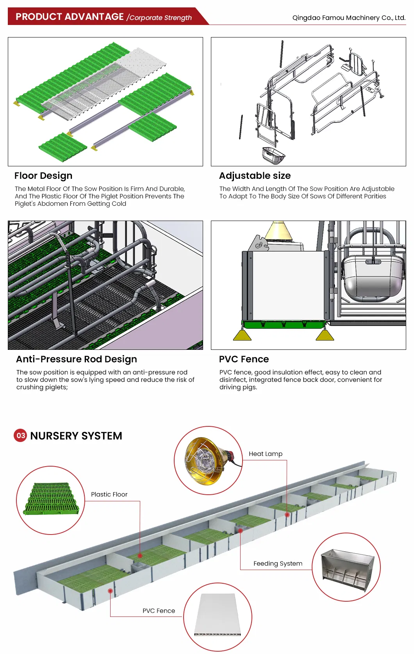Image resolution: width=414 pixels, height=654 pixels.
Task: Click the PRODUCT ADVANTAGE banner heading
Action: pos(70,17)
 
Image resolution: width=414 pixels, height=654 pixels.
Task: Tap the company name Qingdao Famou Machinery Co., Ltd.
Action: pos(349,18)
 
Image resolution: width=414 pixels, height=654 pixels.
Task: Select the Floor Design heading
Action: pos(43,176)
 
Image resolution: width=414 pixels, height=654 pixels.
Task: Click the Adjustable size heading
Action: pos(255,176)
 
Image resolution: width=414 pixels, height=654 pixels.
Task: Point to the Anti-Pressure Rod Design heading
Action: pos(77,359)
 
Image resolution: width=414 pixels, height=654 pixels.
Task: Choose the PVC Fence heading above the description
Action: pos(244,359)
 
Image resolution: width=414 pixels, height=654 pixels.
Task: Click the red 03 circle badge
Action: pos(21,435)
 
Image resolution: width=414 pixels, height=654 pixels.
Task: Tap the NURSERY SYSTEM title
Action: pos(76,436)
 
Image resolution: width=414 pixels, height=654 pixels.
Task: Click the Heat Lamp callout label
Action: pos(266,454)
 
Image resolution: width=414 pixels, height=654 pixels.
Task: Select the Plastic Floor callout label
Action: pos(109,494)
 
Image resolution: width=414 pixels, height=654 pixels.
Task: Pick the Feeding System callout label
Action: pos(278,563)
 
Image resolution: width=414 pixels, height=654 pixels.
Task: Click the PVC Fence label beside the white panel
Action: pos(159,611)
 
